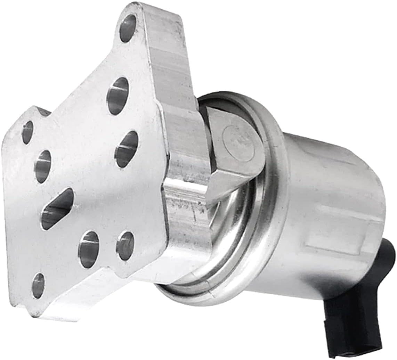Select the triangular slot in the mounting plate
coord(58,209)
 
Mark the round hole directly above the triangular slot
coord(43,166)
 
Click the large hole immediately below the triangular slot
coord(89,245)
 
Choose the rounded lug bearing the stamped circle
coord(236,146)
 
